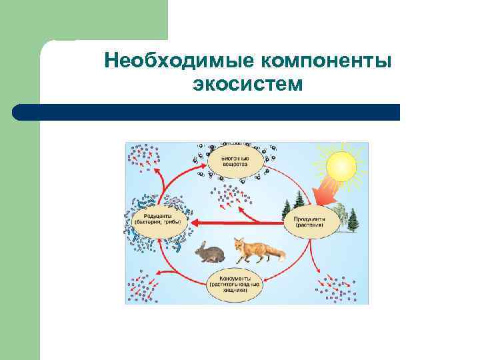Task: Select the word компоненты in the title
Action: [x=325, y=61]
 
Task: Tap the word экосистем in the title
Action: [x=247, y=85]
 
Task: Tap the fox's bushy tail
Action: [x=276, y=254]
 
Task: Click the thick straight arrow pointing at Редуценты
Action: [x=240, y=223]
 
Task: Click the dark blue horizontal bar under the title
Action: [x=206, y=112]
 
